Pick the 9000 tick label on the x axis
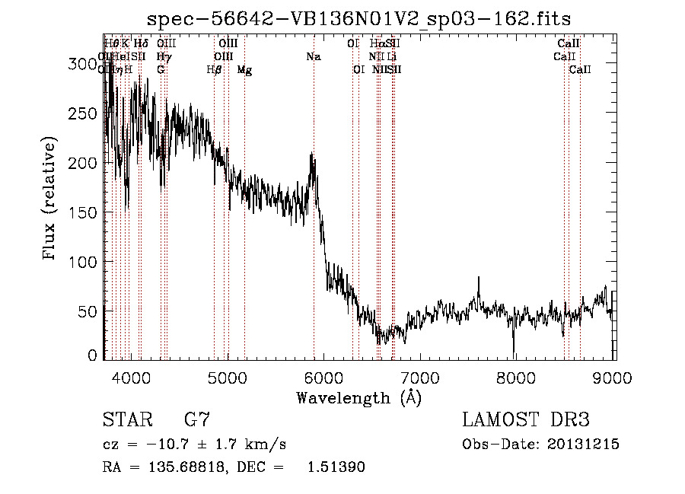pyautogui.click(x=613, y=378)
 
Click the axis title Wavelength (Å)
pyautogui.click(x=358, y=397)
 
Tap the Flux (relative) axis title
pyautogui.click(x=51, y=199)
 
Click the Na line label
pyautogui.click(x=313, y=57)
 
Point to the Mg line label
pyautogui.click(x=244, y=70)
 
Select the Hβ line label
pyautogui.click(x=214, y=70)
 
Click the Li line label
pyautogui.click(x=391, y=57)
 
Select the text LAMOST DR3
pyautogui.click(x=526, y=419)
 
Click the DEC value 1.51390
pyautogui.click(x=336, y=468)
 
